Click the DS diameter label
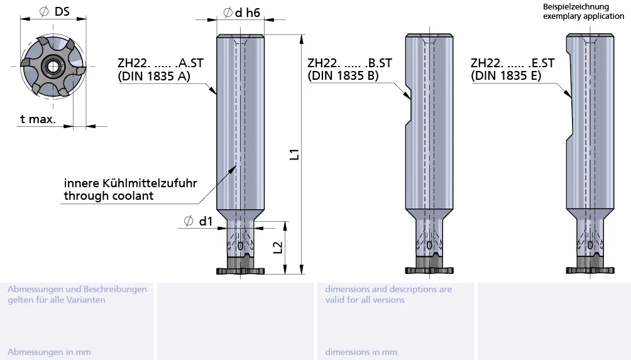pos(55,12)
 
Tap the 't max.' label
pos(38,119)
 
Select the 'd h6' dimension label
pos(241,13)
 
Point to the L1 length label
pos(295,155)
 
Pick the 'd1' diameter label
pos(198,221)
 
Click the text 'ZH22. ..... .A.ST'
pos(160,63)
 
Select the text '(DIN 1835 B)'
pos(343,75)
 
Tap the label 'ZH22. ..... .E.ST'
pos(513,63)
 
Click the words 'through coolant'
pos(109,196)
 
